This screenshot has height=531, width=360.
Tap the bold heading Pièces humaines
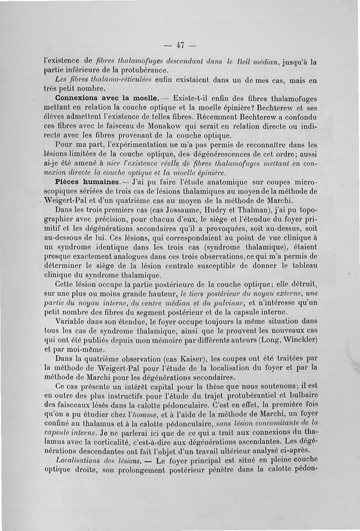[x=85, y=183]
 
